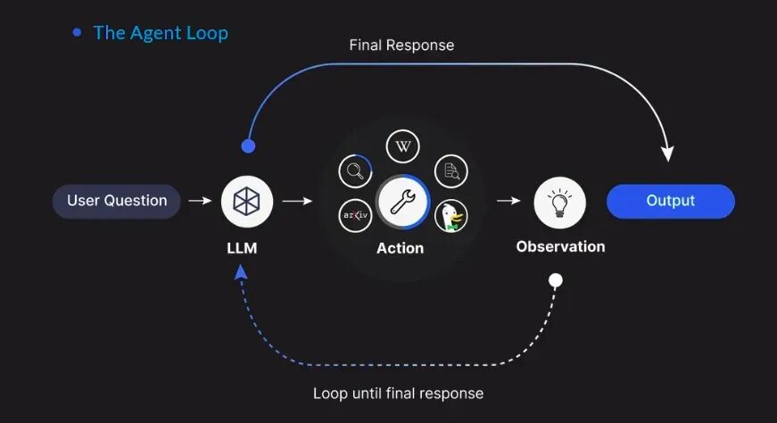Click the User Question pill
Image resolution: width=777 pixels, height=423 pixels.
[117, 201]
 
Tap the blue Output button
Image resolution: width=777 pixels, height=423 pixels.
[670, 201]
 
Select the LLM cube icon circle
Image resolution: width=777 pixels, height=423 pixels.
[247, 202]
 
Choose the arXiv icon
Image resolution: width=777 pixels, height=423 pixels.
[356, 216]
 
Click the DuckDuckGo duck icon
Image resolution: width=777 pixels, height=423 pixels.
[450, 216]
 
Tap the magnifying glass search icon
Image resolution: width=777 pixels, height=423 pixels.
[356, 170]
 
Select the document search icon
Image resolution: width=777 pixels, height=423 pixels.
[450, 170]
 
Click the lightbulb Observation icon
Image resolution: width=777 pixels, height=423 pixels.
[559, 202]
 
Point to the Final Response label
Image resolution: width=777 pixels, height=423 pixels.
[401, 45]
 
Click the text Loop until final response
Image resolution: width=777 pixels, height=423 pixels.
[398, 393]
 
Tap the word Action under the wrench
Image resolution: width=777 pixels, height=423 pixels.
[400, 248]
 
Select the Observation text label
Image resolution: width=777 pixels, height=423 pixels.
[560, 246]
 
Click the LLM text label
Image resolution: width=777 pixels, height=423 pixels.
[242, 248]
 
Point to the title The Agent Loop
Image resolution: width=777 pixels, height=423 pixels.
[161, 33]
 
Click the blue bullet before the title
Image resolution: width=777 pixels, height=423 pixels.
[77, 33]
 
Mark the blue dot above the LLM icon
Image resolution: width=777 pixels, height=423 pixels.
[248, 145]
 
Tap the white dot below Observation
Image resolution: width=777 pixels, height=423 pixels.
[555, 280]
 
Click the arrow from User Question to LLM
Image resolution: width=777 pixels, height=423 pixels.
[200, 202]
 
